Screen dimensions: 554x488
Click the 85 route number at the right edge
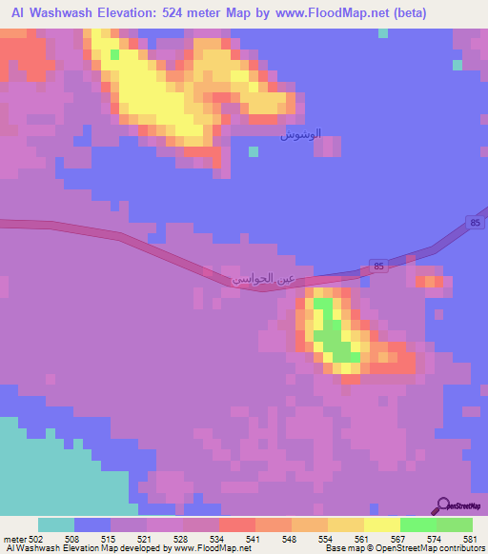tap(475, 223)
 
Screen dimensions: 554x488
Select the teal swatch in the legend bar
tap(56, 524)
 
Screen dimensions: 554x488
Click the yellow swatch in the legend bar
tap(382, 524)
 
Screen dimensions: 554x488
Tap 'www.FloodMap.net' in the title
tap(321, 13)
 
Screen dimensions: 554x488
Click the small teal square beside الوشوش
tap(253, 150)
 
